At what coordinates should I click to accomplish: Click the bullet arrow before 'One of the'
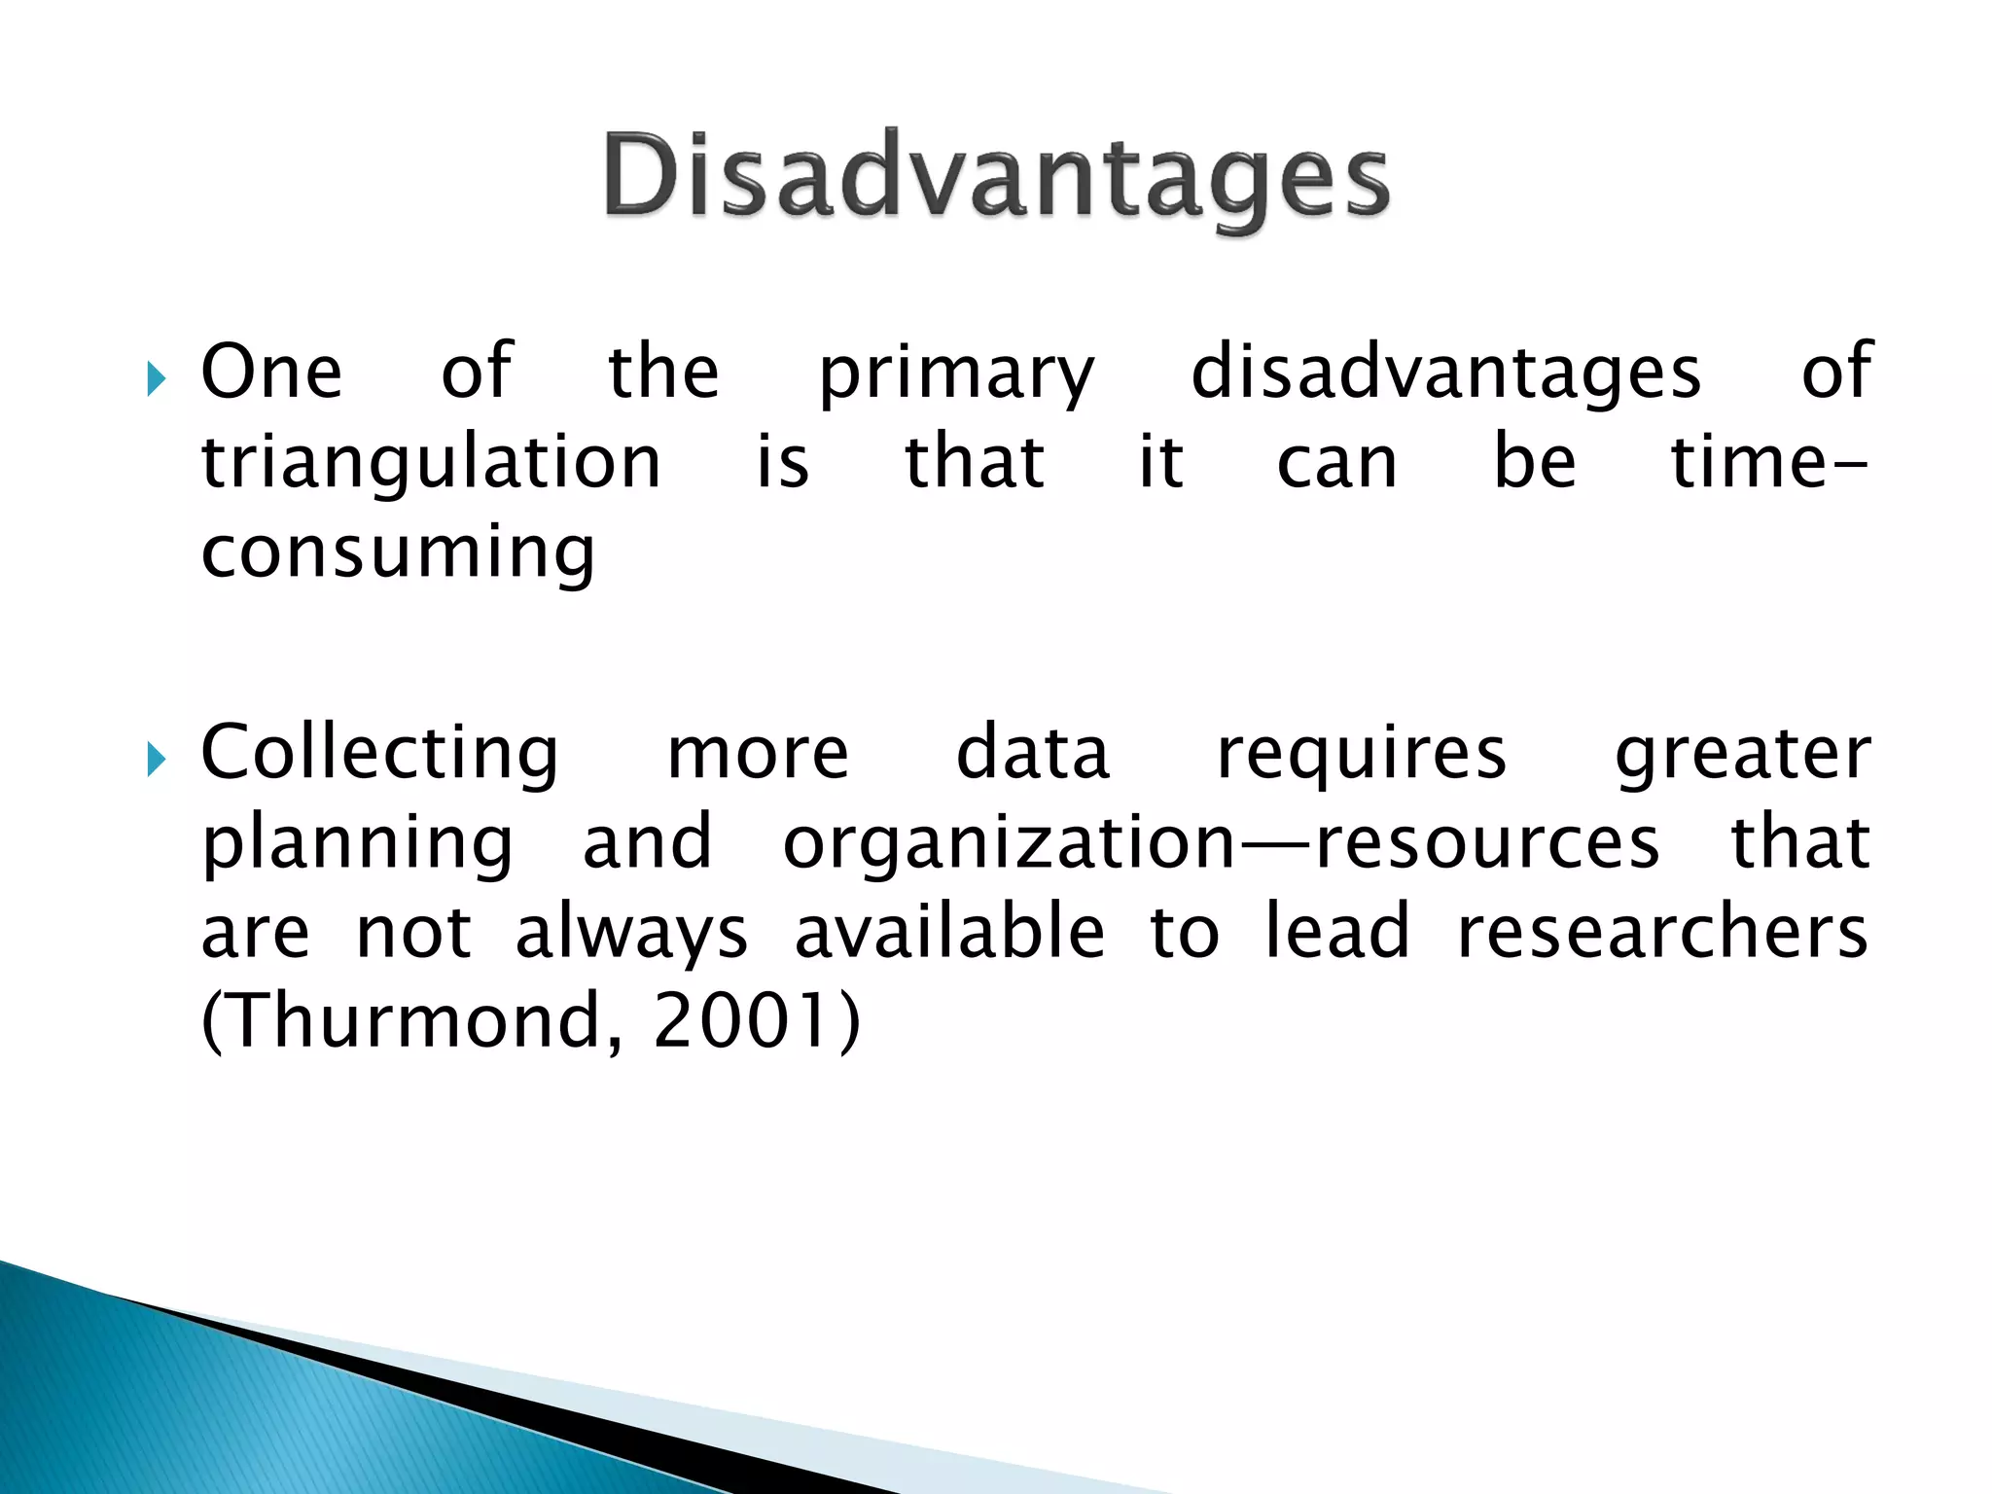click(x=157, y=378)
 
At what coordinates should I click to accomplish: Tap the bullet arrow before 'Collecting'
click(x=157, y=759)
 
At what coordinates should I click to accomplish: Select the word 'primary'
click(x=956, y=374)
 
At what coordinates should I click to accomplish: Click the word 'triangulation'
click(x=431, y=465)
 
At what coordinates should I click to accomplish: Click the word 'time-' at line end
click(x=1768, y=463)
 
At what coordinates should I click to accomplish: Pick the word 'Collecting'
click(x=379, y=755)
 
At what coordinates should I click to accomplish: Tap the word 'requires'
click(x=1362, y=755)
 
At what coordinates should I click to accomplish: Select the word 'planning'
click(x=357, y=844)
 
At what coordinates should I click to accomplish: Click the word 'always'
click(x=631, y=934)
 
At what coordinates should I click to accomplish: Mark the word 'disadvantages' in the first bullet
click(x=1446, y=374)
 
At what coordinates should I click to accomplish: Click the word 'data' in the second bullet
click(x=1032, y=755)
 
